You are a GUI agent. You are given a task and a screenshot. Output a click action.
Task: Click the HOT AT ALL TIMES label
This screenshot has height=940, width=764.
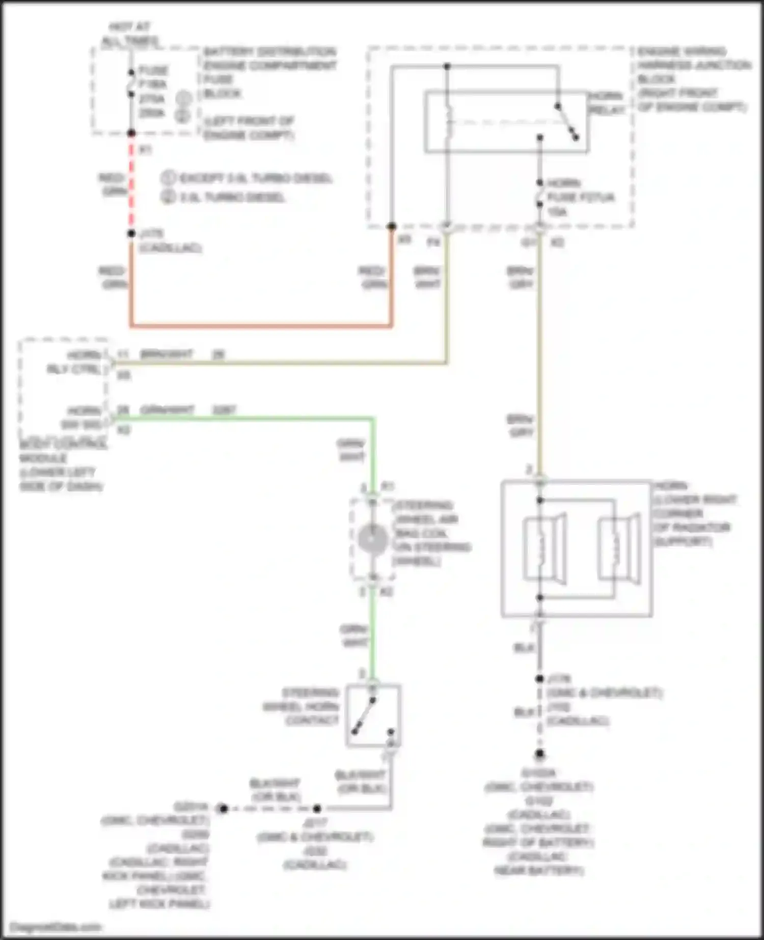pyautogui.click(x=130, y=34)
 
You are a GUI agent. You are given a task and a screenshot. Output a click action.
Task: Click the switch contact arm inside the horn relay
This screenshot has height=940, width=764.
pyautogui.click(x=567, y=122)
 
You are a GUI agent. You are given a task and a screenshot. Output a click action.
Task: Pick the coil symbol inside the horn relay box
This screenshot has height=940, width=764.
pyautogui.click(x=448, y=122)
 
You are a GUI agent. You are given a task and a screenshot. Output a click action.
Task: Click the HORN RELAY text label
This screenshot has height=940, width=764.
pyautogui.click(x=606, y=103)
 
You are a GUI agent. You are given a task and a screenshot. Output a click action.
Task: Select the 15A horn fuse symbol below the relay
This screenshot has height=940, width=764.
pyautogui.click(x=540, y=196)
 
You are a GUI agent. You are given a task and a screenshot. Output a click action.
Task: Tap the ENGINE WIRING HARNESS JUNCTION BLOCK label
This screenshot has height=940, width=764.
pyautogui.click(x=693, y=79)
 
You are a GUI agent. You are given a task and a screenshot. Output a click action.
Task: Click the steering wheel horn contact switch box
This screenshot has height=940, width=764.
pyautogui.click(x=373, y=715)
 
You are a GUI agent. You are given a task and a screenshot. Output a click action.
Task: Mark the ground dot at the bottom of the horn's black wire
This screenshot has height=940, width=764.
pyautogui.click(x=540, y=754)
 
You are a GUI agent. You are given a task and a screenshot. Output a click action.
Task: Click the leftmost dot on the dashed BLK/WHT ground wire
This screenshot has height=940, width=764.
pyautogui.click(x=223, y=808)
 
